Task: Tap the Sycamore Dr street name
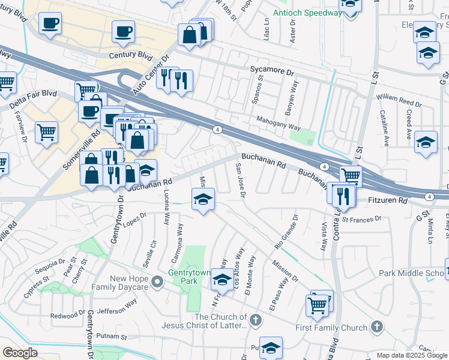pyautogui.click(x=274, y=71)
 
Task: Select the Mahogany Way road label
pyautogui.click(x=279, y=127)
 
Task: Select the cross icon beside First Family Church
pyautogui.click(x=376, y=327)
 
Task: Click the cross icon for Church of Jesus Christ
pyautogui.click(x=256, y=320)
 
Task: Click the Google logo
pyautogui.click(x=20, y=353)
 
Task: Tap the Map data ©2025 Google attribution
pyautogui.click(x=411, y=355)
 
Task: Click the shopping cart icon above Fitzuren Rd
pyautogui.click(x=351, y=175)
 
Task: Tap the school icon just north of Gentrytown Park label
pyautogui.click(x=222, y=279)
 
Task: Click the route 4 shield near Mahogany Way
pyautogui.click(x=217, y=129)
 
